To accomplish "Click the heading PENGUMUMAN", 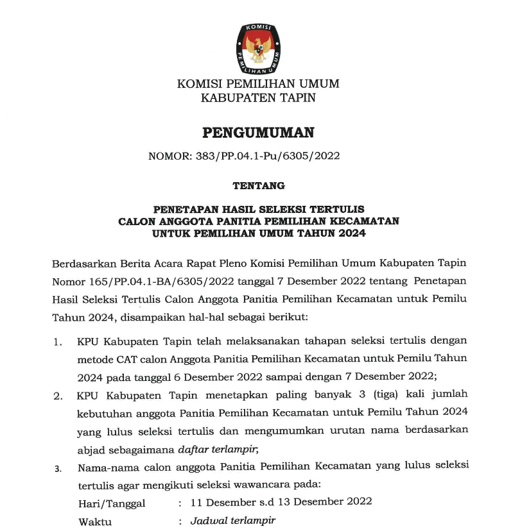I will tap(258, 133).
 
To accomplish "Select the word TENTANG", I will tap(258, 186).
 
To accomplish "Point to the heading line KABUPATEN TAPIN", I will tap(258, 98).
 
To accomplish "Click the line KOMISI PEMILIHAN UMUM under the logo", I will tap(258, 84).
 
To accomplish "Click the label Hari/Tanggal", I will tap(112, 502).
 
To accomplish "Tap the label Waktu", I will tap(95, 521).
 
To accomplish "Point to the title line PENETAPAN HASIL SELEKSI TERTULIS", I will tap(258, 209).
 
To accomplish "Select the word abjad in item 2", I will tap(91, 448).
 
